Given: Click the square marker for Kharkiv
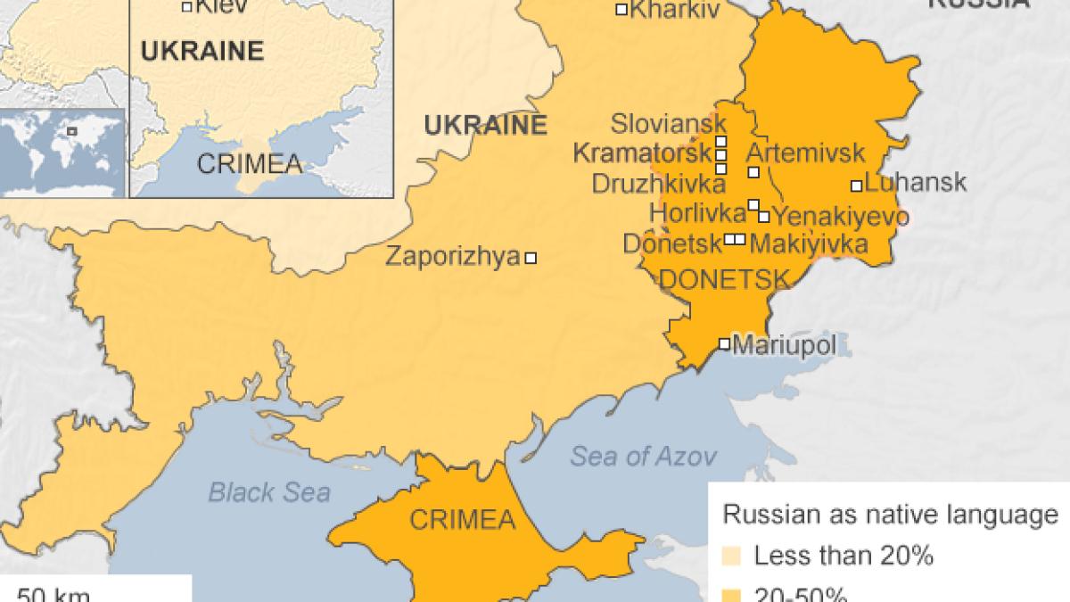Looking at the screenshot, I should click(x=621, y=10).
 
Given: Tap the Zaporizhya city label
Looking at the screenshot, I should click(x=452, y=257).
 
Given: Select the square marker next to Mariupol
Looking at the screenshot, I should click(x=724, y=344).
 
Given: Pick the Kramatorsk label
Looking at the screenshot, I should click(x=641, y=153).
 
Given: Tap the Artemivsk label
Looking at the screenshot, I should click(x=798, y=152).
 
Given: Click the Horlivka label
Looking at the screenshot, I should click(x=697, y=213).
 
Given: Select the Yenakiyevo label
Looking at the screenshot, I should click(x=840, y=217).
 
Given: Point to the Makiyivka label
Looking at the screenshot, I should click(x=809, y=243).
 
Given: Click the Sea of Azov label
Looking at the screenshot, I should click(x=643, y=458).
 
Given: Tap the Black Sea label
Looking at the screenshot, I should click(x=269, y=491).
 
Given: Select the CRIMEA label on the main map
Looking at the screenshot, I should click(x=462, y=519).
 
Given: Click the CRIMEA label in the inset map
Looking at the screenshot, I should click(x=249, y=164).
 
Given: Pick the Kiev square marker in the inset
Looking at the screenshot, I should click(x=186, y=7).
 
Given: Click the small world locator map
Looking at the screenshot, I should click(x=63, y=153).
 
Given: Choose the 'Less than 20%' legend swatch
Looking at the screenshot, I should click(x=732, y=557).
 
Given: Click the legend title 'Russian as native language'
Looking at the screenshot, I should click(x=889, y=515).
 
